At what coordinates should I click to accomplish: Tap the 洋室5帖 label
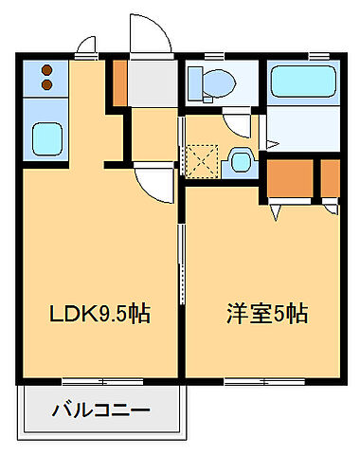pyautogui.click(x=266, y=314)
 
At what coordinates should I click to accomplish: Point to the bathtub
pyautogui.click(x=303, y=82)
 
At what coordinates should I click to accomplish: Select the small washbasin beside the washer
pyautogui.click(x=242, y=160)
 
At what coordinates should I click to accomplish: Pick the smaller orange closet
pyautogui.click(x=330, y=176)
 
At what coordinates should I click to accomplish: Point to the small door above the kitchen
pyautogui.click(x=88, y=45)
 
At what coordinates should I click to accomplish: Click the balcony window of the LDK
pyautogui.click(x=102, y=382)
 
